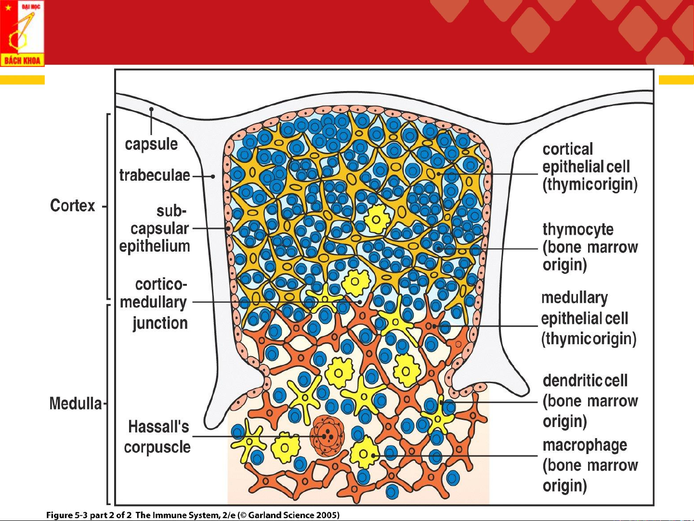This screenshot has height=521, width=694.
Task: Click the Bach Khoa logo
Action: coord(22,33)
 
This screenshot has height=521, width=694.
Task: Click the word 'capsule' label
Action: coord(151,144)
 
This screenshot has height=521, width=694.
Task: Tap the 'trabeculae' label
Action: coord(155,175)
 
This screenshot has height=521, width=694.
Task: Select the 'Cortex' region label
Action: coord(73,206)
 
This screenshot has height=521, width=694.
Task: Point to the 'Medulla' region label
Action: coord(76,403)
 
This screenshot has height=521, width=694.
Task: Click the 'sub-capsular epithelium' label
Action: coord(155,228)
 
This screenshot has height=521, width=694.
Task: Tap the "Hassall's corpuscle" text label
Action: coord(158,437)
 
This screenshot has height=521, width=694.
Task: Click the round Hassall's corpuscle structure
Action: coord(327,437)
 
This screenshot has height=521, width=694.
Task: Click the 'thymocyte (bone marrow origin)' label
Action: coord(589,247)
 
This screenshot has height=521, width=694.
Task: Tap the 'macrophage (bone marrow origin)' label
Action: coord(589,465)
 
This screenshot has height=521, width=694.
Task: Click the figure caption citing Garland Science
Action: coord(193,515)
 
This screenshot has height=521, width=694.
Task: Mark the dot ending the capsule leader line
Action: coord(151,109)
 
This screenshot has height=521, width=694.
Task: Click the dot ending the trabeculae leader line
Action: coord(213,176)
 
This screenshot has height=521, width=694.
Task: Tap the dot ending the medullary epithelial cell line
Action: coord(434,326)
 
